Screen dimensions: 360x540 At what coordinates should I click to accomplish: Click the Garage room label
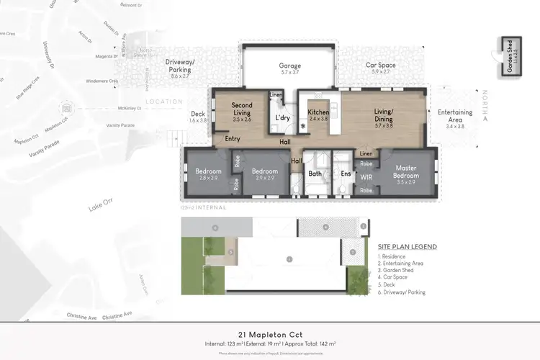tap(290, 66)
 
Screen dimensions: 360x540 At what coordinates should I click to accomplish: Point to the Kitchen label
tap(318, 113)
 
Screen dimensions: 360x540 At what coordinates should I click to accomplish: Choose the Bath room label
tap(315, 174)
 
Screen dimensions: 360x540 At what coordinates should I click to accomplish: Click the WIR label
tap(366, 174)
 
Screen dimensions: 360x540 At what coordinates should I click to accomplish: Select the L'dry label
tap(282, 117)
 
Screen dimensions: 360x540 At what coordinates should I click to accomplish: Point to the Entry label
tap(232, 139)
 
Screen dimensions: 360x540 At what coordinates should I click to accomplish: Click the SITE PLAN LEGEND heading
tap(407, 246)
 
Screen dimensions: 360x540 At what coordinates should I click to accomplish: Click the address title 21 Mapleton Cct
tap(270, 334)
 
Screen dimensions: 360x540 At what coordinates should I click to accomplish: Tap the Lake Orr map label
tap(98, 207)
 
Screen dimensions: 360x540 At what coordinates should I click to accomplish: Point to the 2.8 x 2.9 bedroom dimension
tap(208, 176)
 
